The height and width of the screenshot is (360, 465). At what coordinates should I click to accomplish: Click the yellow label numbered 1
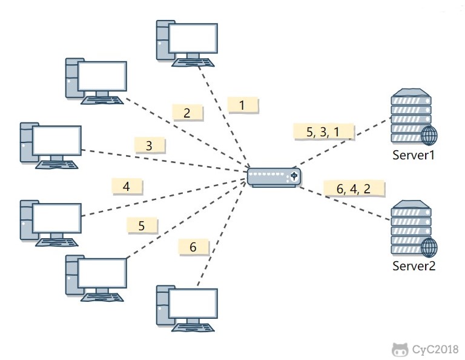(243, 105)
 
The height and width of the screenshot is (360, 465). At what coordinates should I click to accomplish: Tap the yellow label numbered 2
(186, 112)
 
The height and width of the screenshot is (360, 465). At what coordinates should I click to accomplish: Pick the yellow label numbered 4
(127, 186)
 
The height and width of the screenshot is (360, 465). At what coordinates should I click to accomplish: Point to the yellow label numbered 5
(142, 225)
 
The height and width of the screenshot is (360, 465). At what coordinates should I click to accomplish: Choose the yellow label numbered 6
(193, 247)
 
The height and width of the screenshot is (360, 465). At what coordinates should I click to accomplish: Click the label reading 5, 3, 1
(323, 132)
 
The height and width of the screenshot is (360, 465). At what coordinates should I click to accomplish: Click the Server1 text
(414, 156)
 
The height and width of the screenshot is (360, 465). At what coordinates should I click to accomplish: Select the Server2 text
(414, 265)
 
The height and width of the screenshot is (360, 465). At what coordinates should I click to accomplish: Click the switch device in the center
(274, 176)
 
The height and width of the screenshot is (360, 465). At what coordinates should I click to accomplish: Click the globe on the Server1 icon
(428, 136)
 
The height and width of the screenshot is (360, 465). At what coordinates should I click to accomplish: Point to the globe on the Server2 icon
(428, 247)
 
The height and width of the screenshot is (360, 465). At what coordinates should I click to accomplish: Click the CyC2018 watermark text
(434, 349)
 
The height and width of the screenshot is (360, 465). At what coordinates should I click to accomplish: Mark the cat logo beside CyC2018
(400, 349)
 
